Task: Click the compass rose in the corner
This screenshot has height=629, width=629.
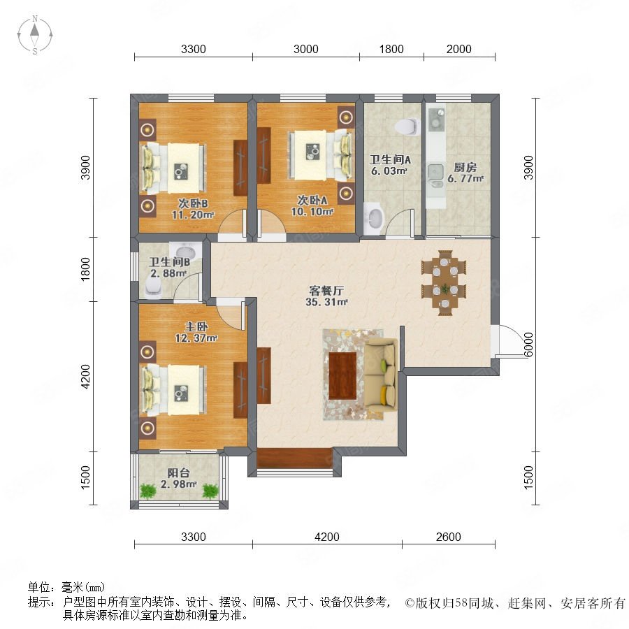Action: coord(35,35)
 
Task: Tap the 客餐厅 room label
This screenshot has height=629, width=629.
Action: coord(326,290)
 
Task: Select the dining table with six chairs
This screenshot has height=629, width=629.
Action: coord(444,282)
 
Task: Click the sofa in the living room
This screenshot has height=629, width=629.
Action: coord(381,375)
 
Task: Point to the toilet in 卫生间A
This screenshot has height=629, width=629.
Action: coord(405,126)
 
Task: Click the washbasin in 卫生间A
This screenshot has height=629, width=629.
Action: coord(374,217)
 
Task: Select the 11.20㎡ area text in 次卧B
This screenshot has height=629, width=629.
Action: coord(193,215)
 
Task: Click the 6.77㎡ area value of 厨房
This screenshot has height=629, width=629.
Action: coord(465,178)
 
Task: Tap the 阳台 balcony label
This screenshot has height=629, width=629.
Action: coord(178,473)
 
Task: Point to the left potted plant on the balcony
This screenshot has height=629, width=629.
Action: coord(147,491)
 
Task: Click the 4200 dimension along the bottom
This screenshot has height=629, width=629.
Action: coord(327,537)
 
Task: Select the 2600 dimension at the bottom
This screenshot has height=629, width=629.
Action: coord(449,537)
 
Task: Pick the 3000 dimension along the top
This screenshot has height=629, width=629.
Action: coord(305,49)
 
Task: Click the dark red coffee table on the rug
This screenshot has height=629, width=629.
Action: coord(342,375)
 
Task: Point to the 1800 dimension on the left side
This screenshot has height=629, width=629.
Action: coord(85,269)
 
